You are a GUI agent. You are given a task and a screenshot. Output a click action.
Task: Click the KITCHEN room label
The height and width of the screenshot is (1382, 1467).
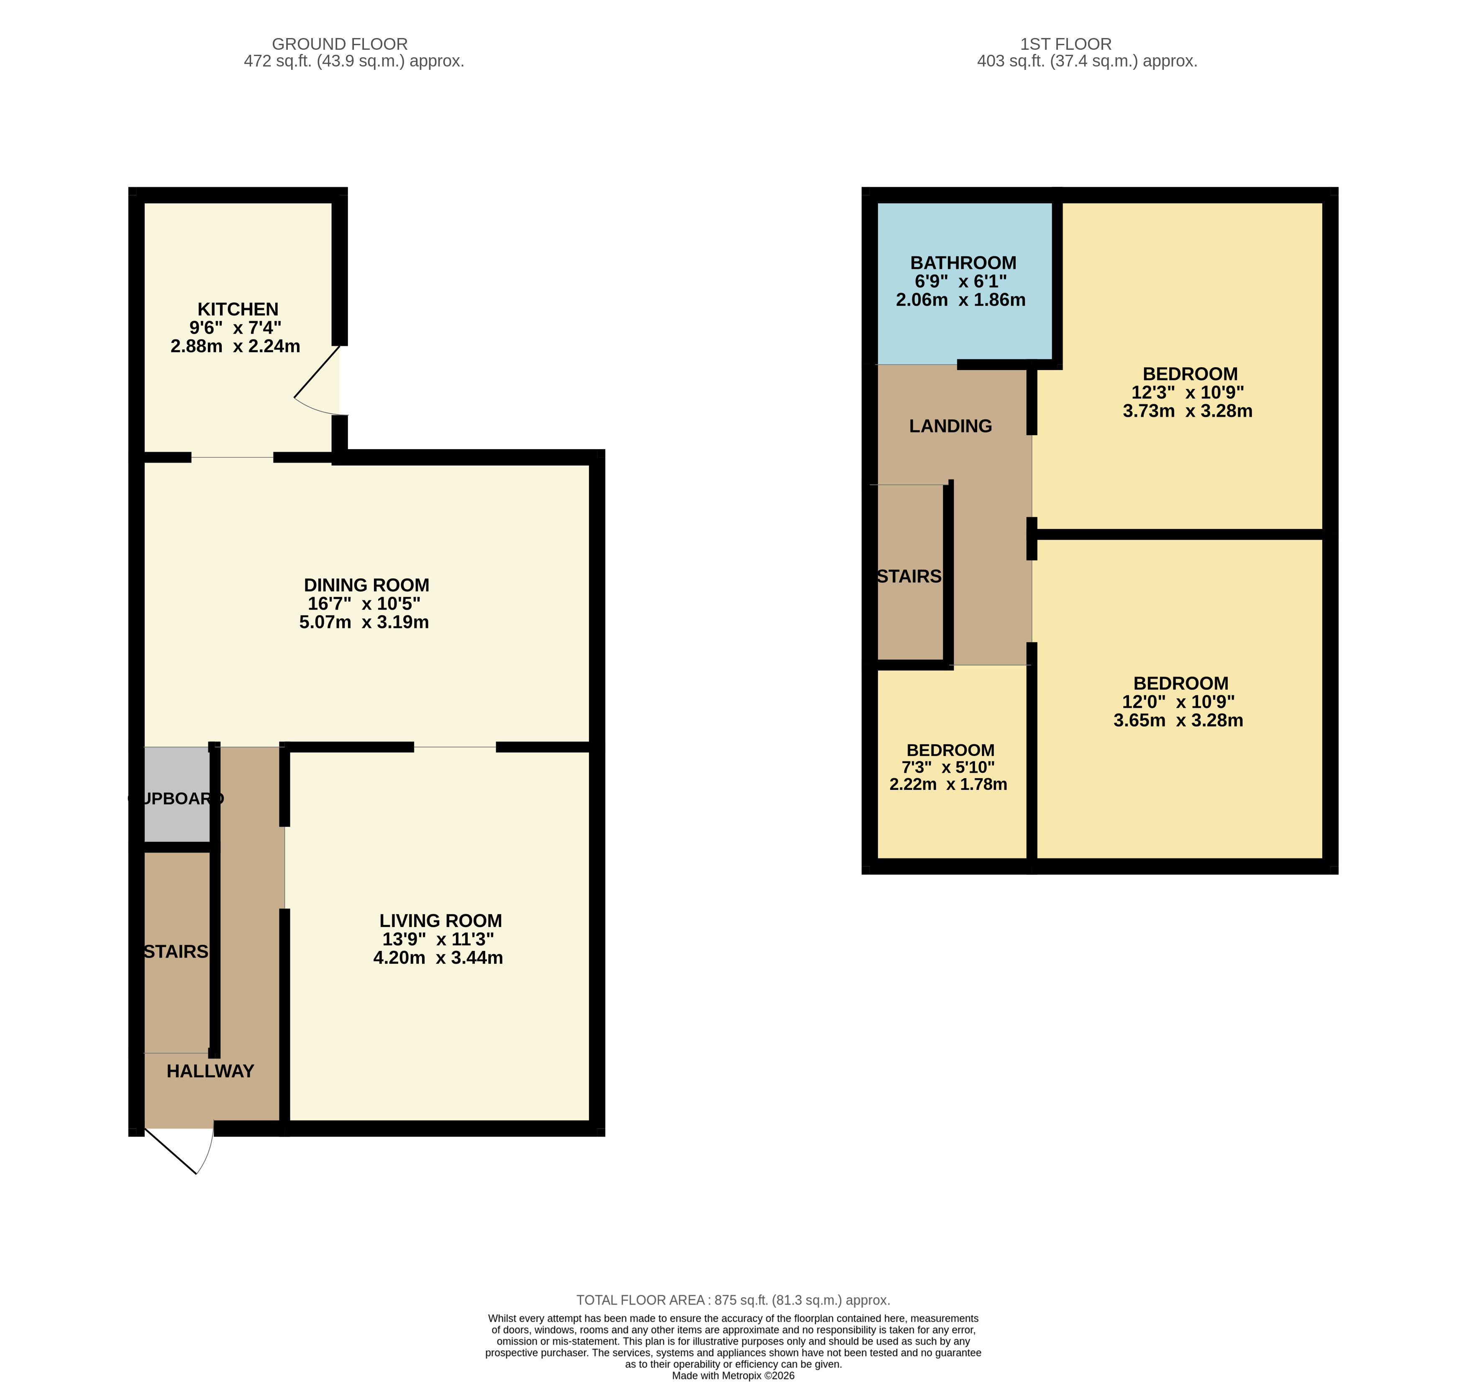[238, 309]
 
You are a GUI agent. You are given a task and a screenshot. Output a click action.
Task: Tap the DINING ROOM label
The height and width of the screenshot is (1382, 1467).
[367, 585]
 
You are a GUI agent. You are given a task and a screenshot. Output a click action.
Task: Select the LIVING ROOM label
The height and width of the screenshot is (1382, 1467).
[440, 921]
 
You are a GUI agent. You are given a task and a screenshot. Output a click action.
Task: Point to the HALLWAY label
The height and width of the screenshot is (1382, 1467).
[210, 1071]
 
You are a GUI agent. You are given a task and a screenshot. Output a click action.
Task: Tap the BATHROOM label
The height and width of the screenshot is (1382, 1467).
[963, 263]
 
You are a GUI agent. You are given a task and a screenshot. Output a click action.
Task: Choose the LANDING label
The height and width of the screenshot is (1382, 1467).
[950, 426]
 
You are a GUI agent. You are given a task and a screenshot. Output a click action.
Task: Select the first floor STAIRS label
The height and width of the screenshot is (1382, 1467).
[909, 576]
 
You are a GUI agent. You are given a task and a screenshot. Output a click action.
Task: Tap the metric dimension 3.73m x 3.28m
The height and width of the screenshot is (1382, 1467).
[1187, 411]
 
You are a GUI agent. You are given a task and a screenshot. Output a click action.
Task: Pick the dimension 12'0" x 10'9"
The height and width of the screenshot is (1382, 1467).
[1178, 702]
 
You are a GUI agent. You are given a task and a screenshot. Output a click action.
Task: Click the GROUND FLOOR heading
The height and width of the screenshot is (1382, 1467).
[339, 44]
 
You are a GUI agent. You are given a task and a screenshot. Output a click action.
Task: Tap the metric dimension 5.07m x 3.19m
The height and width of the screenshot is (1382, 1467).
[364, 622]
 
